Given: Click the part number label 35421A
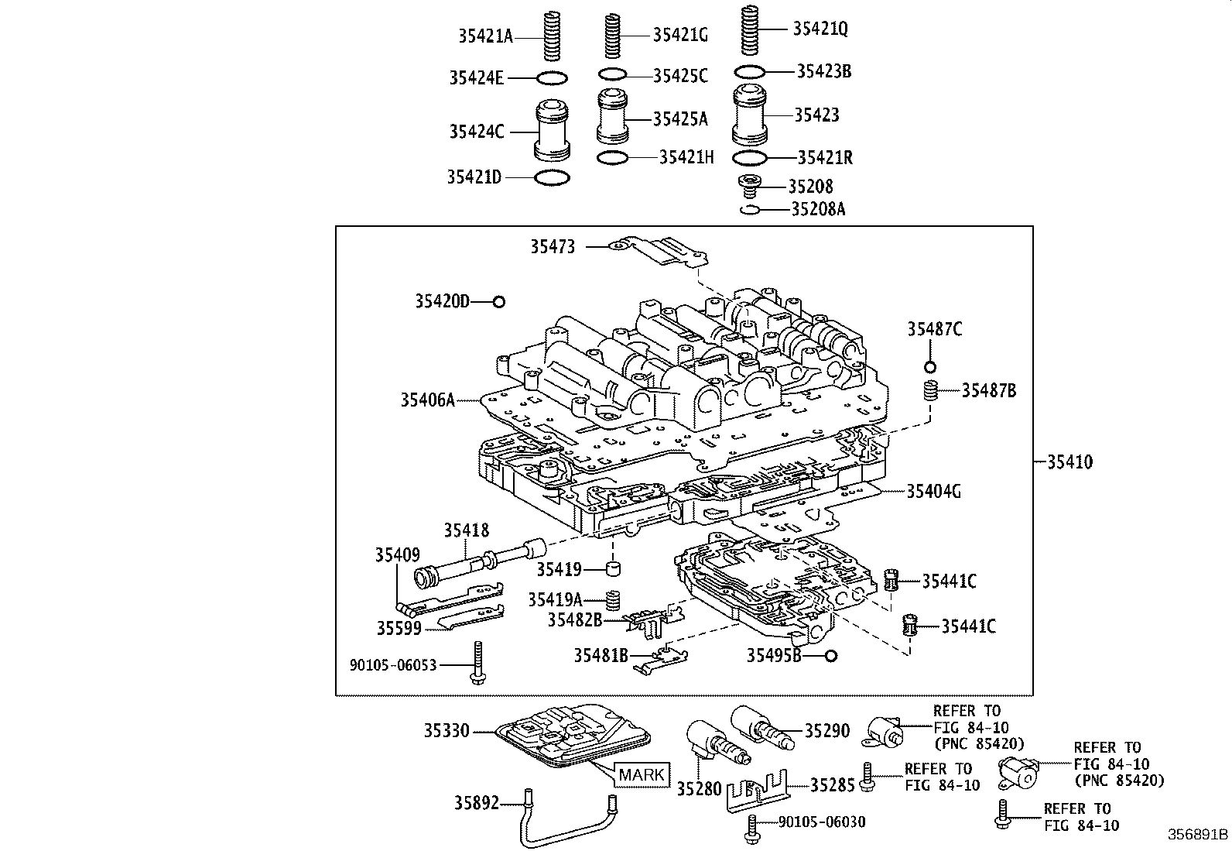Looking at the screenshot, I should click(485, 35).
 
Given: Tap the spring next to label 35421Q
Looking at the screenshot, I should click(749, 30).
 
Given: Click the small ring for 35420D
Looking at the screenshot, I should click(499, 302).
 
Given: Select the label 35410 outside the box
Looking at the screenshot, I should click(1069, 462).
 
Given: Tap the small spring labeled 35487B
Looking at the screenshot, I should click(932, 392).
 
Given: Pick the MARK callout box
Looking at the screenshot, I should click(642, 774).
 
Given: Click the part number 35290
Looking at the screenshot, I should click(826, 731).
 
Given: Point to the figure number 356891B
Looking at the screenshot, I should click(1198, 835).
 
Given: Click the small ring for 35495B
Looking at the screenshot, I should click(830, 656).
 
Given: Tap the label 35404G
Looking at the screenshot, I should click(933, 491).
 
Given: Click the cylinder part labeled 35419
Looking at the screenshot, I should click(614, 571).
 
